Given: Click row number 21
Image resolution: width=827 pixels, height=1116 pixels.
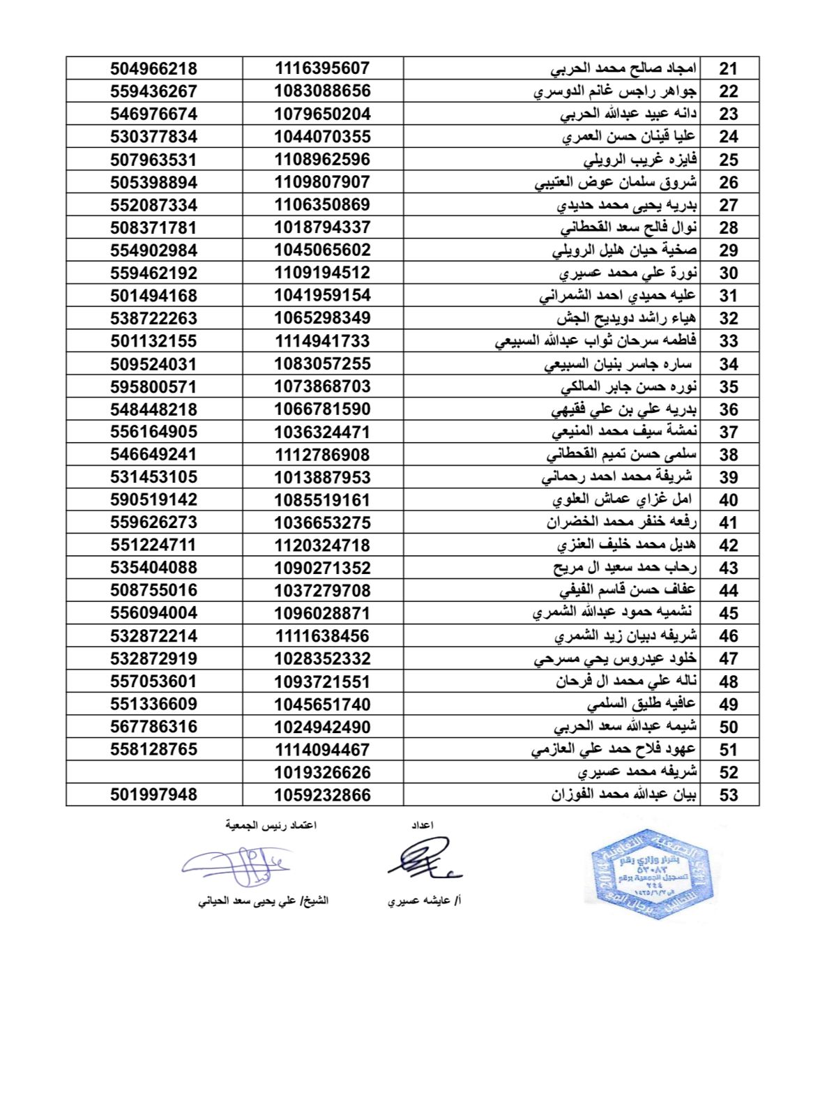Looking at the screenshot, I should [728, 68].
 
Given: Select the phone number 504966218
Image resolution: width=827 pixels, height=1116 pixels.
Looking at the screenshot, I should [153, 68].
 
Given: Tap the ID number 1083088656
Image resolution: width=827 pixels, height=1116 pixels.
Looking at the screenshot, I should [322, 91].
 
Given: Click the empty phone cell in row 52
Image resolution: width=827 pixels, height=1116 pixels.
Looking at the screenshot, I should [154, 772].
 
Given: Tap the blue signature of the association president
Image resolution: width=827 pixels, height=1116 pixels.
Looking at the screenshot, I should [237, 866].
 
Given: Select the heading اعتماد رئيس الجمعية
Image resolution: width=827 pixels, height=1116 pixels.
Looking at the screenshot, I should [271, 825].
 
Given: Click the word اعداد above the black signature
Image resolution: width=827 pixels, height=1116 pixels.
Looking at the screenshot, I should [423, 825].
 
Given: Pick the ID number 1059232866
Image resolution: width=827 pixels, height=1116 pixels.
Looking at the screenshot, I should [322, 795].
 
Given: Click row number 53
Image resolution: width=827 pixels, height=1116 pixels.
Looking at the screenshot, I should [728, 795].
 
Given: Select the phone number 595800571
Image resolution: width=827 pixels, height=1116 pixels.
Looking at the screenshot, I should [153, 386].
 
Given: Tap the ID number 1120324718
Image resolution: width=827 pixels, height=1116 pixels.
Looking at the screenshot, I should [322, 545].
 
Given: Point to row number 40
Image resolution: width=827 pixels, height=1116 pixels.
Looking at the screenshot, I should [728, 500].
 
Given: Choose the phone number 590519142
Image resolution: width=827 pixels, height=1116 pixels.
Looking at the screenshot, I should [153, 500].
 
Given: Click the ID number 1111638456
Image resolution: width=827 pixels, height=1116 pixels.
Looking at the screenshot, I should [322, 636].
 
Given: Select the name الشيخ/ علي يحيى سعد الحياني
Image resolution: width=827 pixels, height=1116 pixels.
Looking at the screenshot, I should [263, 900].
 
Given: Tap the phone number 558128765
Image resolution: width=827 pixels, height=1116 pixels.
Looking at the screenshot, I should [153, 750].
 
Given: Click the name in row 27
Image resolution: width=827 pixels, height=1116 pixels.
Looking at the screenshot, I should [627, 205].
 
